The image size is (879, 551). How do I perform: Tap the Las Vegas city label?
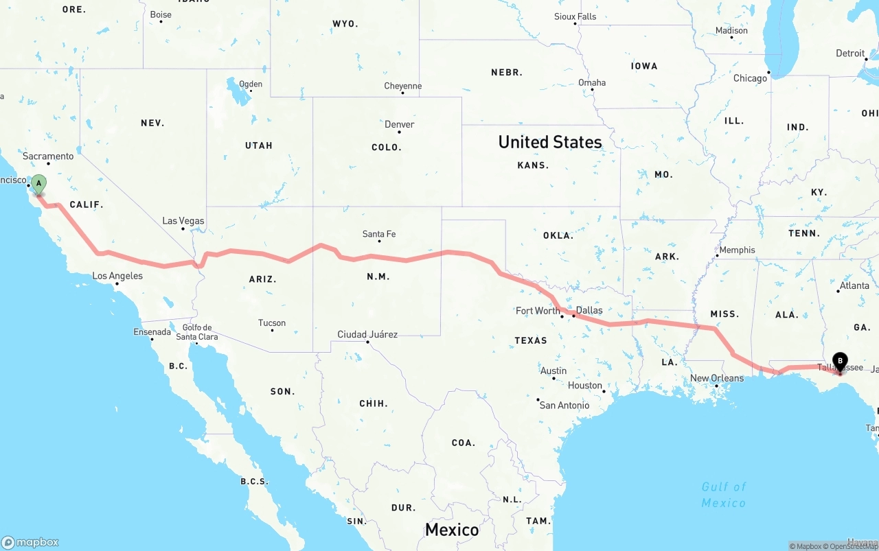coord(183,221)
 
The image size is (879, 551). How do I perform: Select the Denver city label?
coord(399,124)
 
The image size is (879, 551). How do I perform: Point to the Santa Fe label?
coord(379,234)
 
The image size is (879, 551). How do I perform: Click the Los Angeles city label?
coord(117,276)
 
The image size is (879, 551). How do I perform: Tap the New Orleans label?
coord(717,378)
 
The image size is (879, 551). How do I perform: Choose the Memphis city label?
coord(737,250)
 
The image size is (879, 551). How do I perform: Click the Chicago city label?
coord(750,78)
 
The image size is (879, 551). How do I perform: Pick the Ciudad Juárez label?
coord(367,334)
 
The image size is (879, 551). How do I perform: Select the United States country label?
coord(550,142)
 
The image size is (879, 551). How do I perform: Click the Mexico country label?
coord(452,530)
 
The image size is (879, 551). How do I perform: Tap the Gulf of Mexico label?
coord(724,495)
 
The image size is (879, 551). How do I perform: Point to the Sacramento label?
coord(48,156)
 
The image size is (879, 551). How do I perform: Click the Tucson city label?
coord(272,323)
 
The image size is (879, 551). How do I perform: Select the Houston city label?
coord(585,385)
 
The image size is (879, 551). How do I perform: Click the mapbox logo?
coord(30,542)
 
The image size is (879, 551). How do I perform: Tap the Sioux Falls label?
coord(575,16)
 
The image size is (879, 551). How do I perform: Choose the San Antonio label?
coord(564,405)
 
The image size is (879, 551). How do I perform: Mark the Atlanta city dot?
coord(838,292)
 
